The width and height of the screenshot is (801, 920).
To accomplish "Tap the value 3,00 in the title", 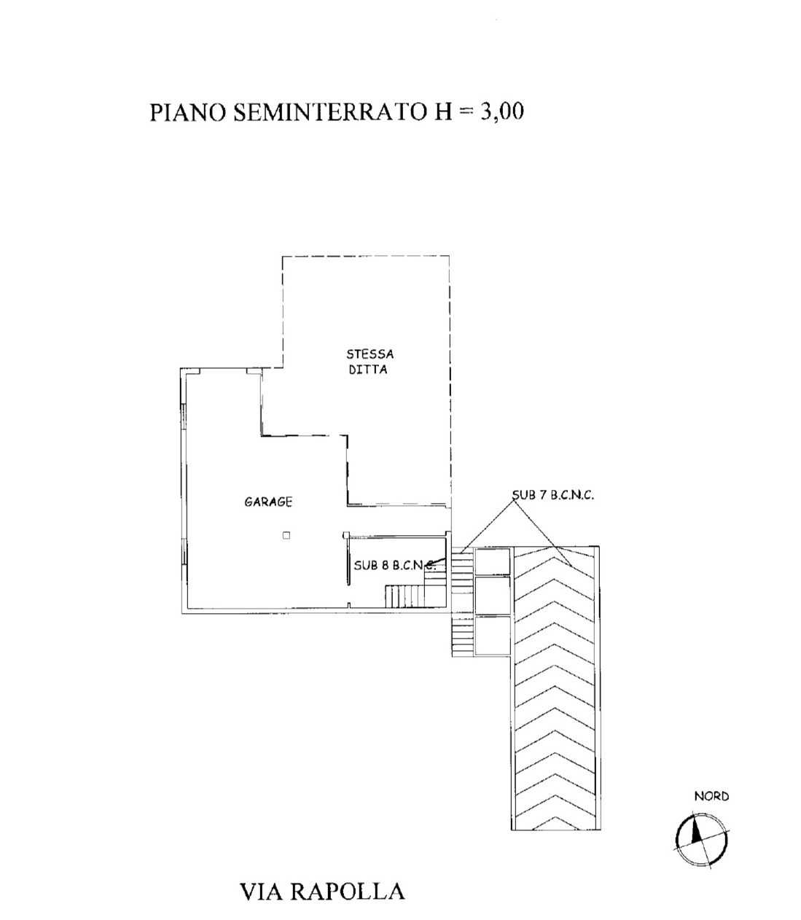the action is pyautogui.click(x=502, y=112).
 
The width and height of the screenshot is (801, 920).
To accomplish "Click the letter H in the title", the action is pyautogui.click(x=442, y=112).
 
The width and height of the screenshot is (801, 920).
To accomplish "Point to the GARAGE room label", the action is pyautogui.click(x=268, y=502).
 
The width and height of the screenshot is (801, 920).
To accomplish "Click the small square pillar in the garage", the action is pyautogui.click(x=286, y=535).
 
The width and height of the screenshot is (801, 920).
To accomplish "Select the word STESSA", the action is pyautogui.click(x=370, y=354).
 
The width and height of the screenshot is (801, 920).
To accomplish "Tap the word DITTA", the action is pyautogui.click(x=368, y=369).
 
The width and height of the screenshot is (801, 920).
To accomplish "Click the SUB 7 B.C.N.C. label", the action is pyautogui.click(x=553, y=495).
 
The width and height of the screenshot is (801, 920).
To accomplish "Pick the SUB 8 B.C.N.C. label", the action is pyautogui.click(x=394, y=565).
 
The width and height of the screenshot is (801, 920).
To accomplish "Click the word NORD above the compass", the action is pyautogui.click(x=711, y=796).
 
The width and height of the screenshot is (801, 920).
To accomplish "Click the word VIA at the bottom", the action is pyautogui.click(x=261, y=892).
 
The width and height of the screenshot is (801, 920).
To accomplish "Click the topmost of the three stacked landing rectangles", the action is pyautogui.click(x=493, y=561).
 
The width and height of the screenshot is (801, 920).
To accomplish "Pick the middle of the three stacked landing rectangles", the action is pyautogui.click(x=493, y=595).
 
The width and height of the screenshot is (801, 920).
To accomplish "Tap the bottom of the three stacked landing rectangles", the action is pyautogui.click(x=493, y=636).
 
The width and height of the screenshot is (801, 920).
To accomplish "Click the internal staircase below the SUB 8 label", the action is pyautogui.click(x=405, y=596).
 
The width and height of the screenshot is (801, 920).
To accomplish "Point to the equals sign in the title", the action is pyautogui.click(x=466, y=113).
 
